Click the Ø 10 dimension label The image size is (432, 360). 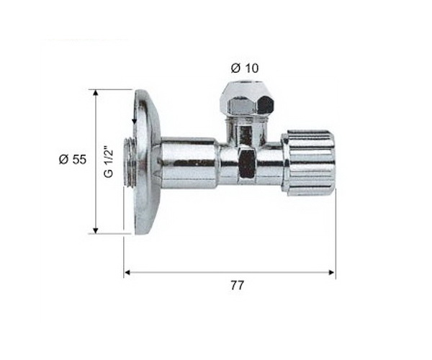pos(245,68)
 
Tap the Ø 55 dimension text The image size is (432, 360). pos(73,159)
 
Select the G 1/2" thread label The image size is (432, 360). pos(109,163)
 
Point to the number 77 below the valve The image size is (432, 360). pos(237,285)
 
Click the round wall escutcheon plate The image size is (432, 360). pos(146,162)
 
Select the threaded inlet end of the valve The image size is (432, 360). pos(129,163)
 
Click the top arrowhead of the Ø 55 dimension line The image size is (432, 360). pos(96,92)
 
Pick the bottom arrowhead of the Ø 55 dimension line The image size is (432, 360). pos(96,230)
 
